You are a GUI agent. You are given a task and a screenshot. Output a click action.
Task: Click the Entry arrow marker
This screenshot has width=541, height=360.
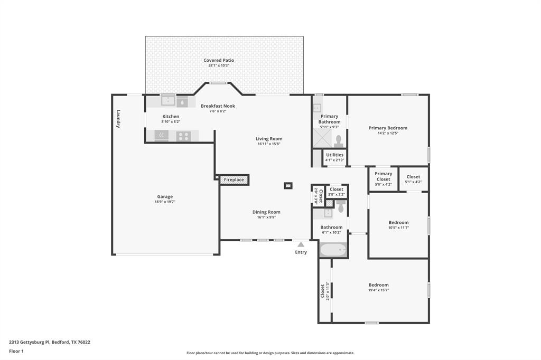click(301, 244)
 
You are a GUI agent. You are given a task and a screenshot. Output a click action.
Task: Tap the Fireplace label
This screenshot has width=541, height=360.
click(234, 180)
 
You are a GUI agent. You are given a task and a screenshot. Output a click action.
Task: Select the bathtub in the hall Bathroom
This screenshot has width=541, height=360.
click(333, 250)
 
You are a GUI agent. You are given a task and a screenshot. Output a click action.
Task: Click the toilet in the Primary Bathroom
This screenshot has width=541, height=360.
click(339, 141)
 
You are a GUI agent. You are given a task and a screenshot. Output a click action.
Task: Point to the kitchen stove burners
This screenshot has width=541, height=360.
click(183, 136)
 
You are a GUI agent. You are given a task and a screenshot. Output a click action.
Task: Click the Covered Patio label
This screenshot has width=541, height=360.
click(219, 60)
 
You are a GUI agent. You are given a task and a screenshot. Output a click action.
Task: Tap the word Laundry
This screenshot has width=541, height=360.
click(118, 119)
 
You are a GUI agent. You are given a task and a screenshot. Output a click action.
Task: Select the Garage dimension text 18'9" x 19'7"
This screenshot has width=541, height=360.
click(165, 202)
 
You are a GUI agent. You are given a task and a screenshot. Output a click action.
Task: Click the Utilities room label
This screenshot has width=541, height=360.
click(334, 155)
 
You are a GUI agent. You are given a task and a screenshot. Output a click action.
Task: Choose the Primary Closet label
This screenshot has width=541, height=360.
click(383, 176)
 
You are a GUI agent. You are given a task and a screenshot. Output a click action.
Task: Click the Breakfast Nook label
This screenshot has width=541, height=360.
click(218, 106)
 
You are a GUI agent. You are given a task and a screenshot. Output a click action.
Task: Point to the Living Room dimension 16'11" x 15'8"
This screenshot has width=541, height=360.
click(269, 144)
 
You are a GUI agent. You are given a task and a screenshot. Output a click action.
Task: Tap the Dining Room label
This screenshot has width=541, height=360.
click(266, 212)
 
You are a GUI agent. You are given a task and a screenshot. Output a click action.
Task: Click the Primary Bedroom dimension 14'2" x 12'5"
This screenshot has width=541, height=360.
click(388, 133)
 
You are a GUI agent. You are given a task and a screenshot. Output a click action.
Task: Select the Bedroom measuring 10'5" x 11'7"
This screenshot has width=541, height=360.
click(398, 225)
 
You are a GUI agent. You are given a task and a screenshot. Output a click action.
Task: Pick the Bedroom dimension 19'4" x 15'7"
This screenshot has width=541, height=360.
click(378, 290)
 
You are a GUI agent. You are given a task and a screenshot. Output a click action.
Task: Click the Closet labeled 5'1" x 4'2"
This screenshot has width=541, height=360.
click(413, 179)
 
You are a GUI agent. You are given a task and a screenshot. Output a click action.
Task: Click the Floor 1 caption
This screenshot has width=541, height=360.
click(16, 351)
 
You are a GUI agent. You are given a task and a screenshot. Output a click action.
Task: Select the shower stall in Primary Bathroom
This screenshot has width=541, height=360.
click(322, 139)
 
